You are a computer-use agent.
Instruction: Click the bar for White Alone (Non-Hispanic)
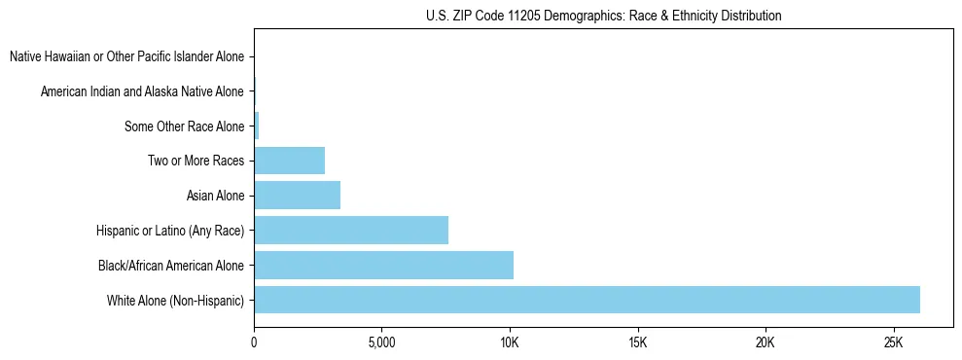point(587,300)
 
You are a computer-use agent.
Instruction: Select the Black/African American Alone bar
point(383,265)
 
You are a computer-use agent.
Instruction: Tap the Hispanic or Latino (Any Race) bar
point(351,231)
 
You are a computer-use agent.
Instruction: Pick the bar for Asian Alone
point(297,196)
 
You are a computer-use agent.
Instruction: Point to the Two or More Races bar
point(289,161)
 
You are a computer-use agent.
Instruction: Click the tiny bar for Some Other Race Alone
point(256,126)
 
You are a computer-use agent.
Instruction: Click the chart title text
point(603,16)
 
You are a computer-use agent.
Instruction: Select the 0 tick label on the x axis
point(254,343)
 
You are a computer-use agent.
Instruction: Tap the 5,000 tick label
point(381,343)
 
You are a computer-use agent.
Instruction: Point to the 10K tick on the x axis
point(510,343)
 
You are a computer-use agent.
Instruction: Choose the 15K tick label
point(637,343)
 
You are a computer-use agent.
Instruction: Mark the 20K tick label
point(766,343)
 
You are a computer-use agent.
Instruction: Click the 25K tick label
point(893,343)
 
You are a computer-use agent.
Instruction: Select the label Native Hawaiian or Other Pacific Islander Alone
point(126,56)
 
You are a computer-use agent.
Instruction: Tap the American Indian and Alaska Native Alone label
point(142,91)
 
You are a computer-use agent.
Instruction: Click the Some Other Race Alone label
point(184,126)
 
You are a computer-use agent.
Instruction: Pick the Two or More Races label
point(196,161)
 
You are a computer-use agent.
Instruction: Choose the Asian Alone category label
point(215,196)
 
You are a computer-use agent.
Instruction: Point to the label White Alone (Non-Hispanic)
point(176,300)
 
